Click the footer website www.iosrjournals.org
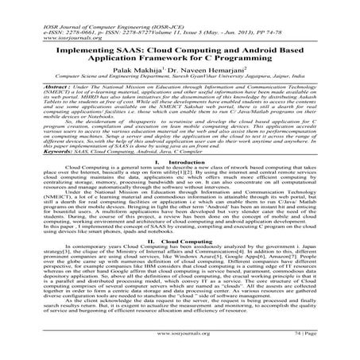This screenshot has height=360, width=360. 180,346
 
